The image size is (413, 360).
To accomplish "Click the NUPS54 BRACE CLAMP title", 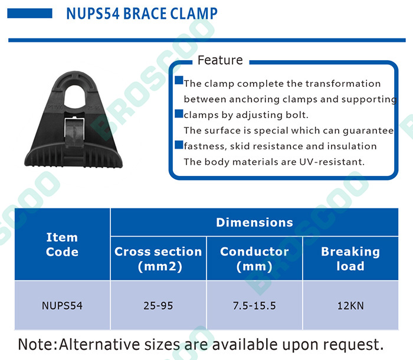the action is tap(142, 14).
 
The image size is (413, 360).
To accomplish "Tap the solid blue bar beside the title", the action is tap(29, 14).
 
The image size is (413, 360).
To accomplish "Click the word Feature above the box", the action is tap(220, 60).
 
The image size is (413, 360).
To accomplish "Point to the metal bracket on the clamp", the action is tap(74, 130).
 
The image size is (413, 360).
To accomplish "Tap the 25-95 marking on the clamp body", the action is tap(94, 108).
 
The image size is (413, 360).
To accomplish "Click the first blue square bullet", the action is tap(179, 80).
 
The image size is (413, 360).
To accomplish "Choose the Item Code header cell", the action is tap(62, 244).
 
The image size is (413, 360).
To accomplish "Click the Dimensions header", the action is tap(254, 222).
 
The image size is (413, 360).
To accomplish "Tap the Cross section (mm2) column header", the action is tap(158, 258).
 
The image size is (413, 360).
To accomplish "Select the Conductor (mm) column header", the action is tap(254, 258).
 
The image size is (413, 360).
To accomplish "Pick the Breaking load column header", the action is tap(350, 258).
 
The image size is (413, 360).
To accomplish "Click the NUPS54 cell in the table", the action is tap(62, 306).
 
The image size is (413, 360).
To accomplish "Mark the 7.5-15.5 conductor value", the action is tap(254, 306).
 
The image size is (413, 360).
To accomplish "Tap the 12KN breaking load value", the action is tap(350, 306).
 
